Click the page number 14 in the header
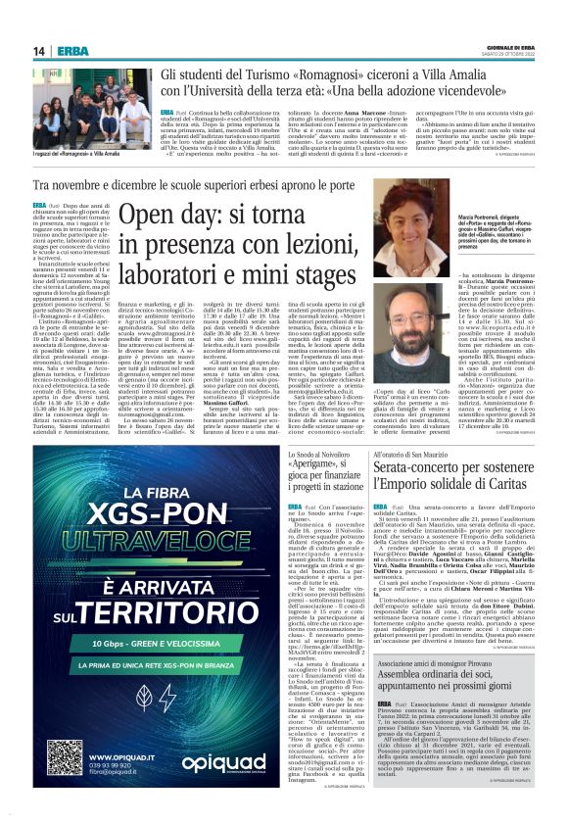click(x=39, y=50)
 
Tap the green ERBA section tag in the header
click(x=71, y=50)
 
